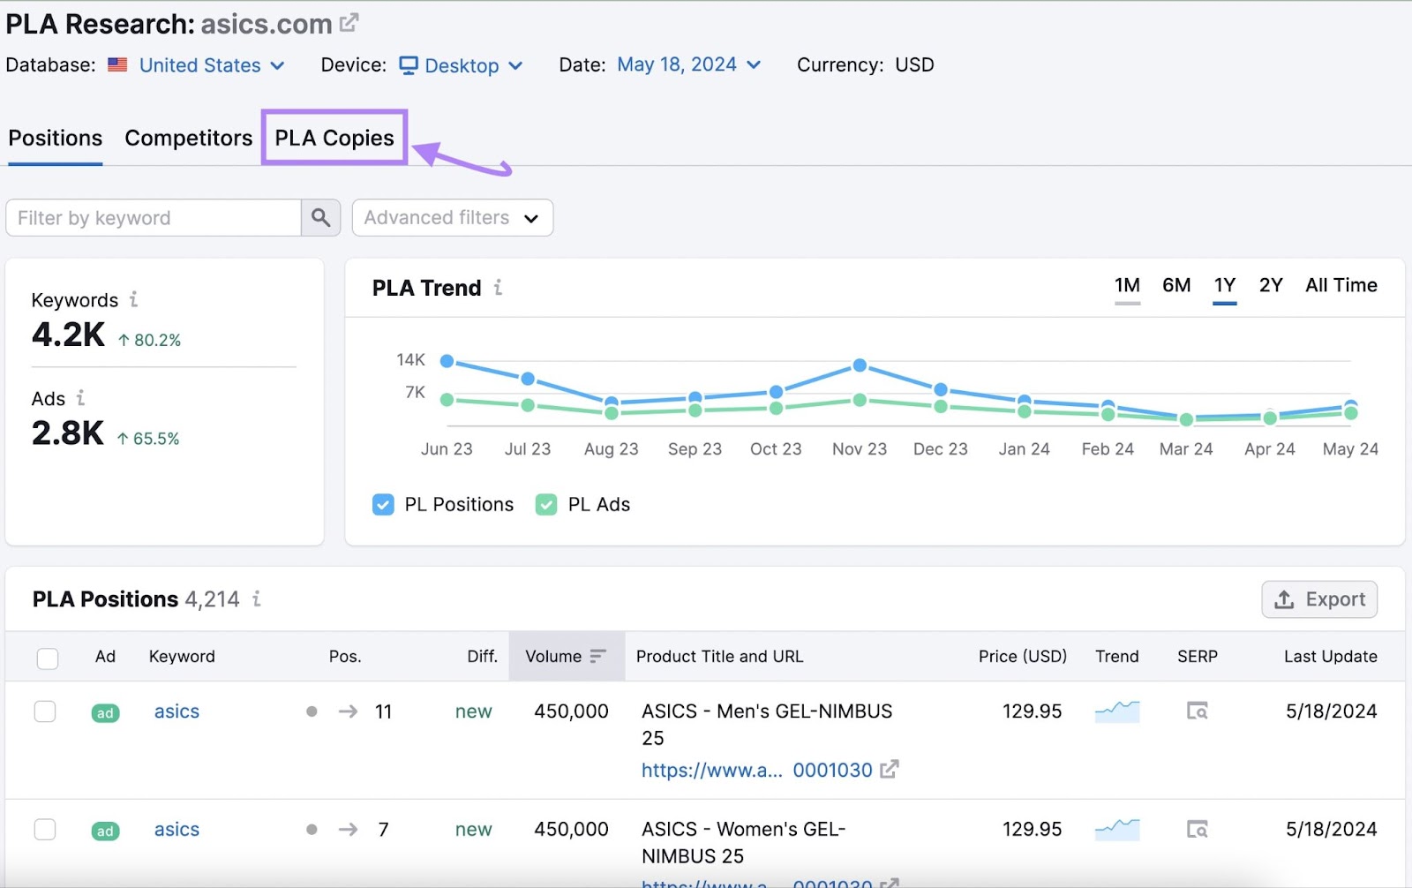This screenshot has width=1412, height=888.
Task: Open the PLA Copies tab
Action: coord(334,138)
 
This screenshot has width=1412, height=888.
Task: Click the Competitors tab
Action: coord(188,138)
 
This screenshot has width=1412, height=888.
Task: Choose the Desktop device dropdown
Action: coord(462,65)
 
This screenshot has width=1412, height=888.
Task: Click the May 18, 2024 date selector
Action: coord(688,64)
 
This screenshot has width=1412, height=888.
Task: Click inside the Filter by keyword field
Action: coord(153,218)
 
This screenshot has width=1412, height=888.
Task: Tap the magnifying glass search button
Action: coord(321,218)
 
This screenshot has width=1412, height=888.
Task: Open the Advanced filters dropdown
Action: coord(452,218)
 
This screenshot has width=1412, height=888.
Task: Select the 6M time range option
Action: coord(1175,285)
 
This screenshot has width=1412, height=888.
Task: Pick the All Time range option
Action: coord(1341,285)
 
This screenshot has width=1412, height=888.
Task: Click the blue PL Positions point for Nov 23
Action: coord(860,365)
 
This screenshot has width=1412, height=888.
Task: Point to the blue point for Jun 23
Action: coord(447,361)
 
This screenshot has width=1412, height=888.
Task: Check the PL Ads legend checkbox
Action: coord(546,505)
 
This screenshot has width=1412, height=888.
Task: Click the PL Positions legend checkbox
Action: coord(383,505)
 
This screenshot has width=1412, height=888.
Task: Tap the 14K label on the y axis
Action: coord(410,360)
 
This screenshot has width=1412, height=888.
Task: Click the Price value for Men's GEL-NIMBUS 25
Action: coord(1032,711)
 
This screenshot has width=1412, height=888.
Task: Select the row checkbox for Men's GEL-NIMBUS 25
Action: coord(45,711)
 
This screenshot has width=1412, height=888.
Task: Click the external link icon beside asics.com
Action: coord(349,23)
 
